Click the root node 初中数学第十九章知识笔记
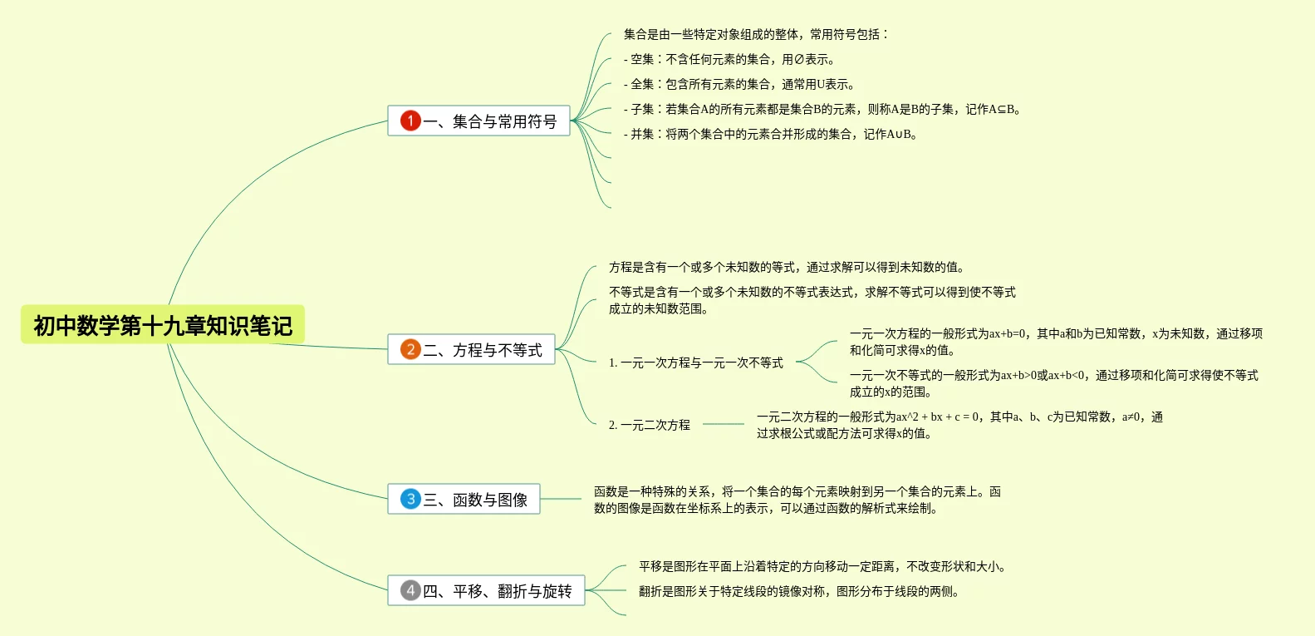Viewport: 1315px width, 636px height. (x=163, y=325)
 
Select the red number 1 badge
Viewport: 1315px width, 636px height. (x=410, y=121)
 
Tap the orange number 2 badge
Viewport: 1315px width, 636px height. (x=410, y=349)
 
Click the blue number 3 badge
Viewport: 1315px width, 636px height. (x=410, y=499)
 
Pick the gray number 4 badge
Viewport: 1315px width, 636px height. (x=410, y=590)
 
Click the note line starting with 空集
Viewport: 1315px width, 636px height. (x=729, y=59)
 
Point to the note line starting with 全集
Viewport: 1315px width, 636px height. (x=739, y=84)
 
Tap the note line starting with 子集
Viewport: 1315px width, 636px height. (x=822, y=109)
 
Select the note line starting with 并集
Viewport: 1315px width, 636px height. (x=770, y=134)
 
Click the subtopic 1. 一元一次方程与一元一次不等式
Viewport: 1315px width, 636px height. (x=695, y=362)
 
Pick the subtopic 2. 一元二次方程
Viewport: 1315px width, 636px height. (x=649, y=425)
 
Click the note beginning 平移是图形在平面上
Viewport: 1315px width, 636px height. (x=822, y=566)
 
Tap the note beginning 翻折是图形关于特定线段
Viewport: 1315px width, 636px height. (x=798, y=591)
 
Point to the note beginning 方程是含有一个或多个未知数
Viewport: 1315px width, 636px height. (x=787, y=267)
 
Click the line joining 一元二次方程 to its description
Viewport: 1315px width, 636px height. (x=723, y=424)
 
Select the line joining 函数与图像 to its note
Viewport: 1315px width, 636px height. (x=561, y=499)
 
